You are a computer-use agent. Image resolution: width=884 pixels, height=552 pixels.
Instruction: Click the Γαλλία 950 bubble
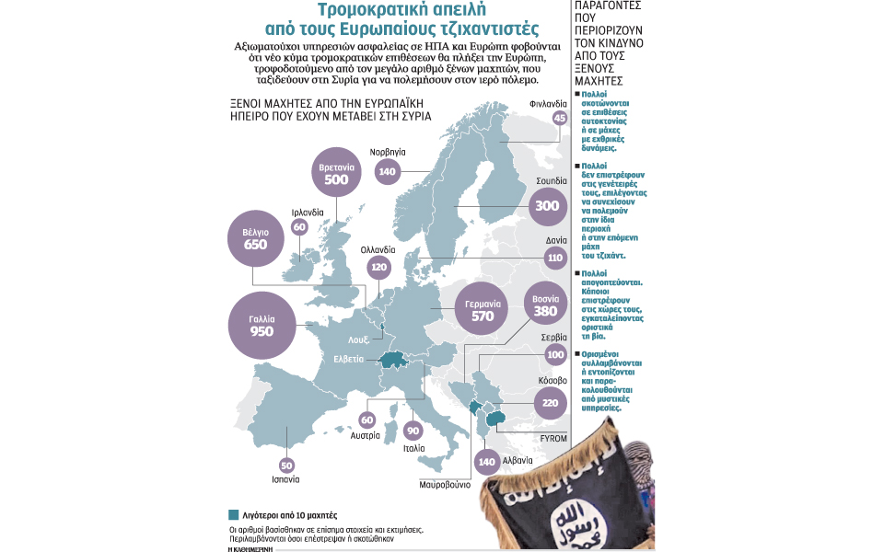tap(262, 324)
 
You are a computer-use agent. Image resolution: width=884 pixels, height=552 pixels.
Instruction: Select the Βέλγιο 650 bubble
tap(255, 238)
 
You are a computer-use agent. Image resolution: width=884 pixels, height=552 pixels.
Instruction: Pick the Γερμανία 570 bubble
tap(483, 310)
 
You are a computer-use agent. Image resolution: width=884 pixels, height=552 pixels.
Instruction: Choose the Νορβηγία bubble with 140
tap(387, 172)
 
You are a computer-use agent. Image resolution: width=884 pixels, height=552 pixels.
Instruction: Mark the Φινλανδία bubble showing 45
tap(559, 118)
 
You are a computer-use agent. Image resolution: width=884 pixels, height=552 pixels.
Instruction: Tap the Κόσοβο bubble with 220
tap(551, 401)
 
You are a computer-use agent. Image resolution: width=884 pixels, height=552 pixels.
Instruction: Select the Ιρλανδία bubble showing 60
tap(299, 226)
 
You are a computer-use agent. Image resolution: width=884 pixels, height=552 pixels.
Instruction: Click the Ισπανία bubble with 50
tap(286, 466)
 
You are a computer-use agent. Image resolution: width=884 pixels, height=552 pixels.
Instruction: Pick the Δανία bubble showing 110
tap(554, 259)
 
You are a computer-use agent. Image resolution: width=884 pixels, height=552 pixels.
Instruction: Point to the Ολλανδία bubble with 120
tap(378, 269)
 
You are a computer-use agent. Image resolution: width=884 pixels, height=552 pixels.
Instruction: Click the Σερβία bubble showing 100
tap(554, 355)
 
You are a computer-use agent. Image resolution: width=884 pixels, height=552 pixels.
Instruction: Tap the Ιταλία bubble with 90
tap(413, 431)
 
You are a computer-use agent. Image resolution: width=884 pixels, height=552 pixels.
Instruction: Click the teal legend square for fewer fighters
tap(233, 514)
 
